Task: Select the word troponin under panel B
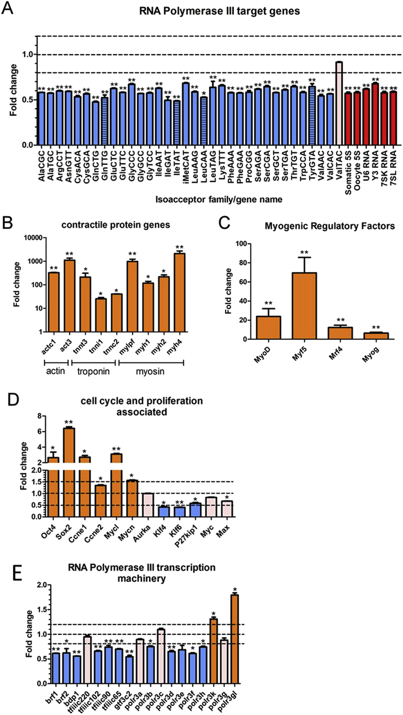tap(93, 371)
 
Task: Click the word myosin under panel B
tap(150, 371)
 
